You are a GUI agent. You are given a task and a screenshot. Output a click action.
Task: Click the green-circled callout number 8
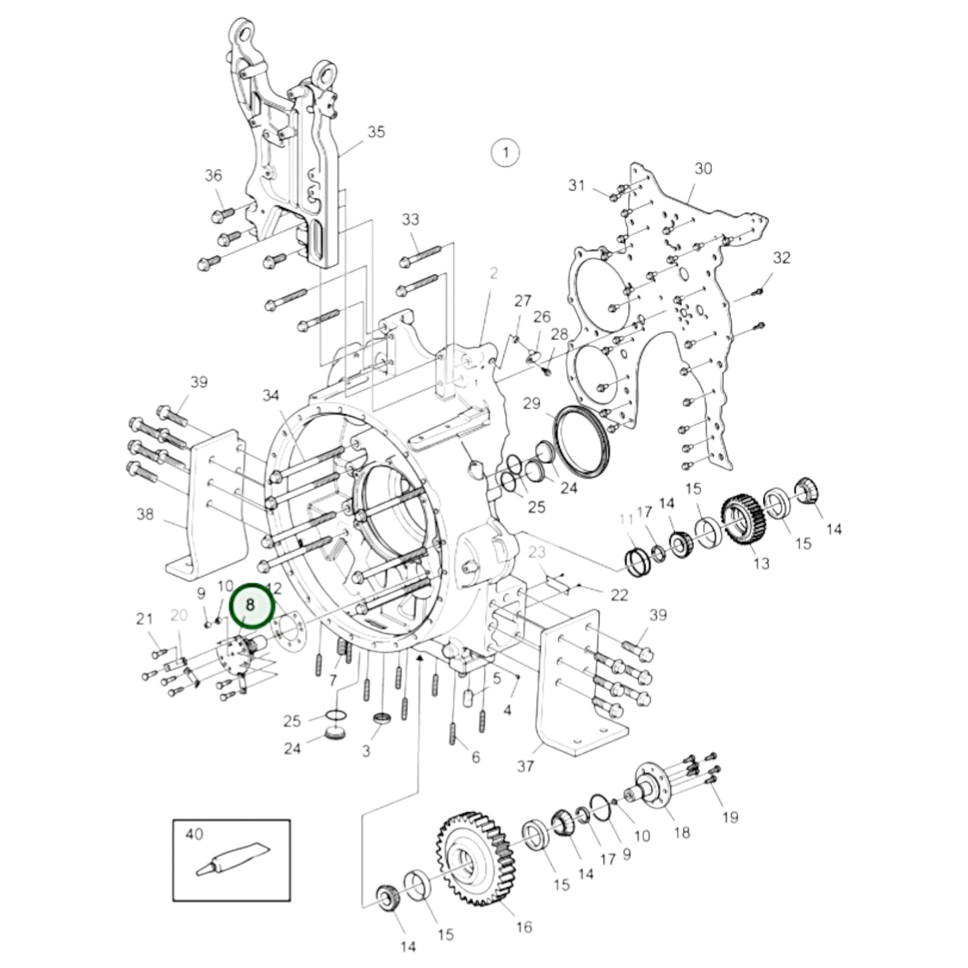(252, 604)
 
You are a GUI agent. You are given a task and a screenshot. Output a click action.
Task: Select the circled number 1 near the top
(505, 153)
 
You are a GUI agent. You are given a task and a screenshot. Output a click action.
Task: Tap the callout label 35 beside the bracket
(376, 131)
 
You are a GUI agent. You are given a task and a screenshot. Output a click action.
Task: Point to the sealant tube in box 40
(231, 859)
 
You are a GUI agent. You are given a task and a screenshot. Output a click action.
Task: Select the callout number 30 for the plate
(703, 168)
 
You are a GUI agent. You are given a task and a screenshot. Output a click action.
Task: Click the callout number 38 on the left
(145, 514)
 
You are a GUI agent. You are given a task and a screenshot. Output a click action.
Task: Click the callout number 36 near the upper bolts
(213, 176)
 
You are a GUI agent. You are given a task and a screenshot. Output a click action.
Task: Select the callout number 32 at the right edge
(781, 257)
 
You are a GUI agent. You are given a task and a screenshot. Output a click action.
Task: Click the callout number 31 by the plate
(577, 185)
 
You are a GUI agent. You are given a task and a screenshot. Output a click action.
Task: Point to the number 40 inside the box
(194, 834)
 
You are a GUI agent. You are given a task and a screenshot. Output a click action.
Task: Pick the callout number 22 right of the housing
(620, 595)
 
